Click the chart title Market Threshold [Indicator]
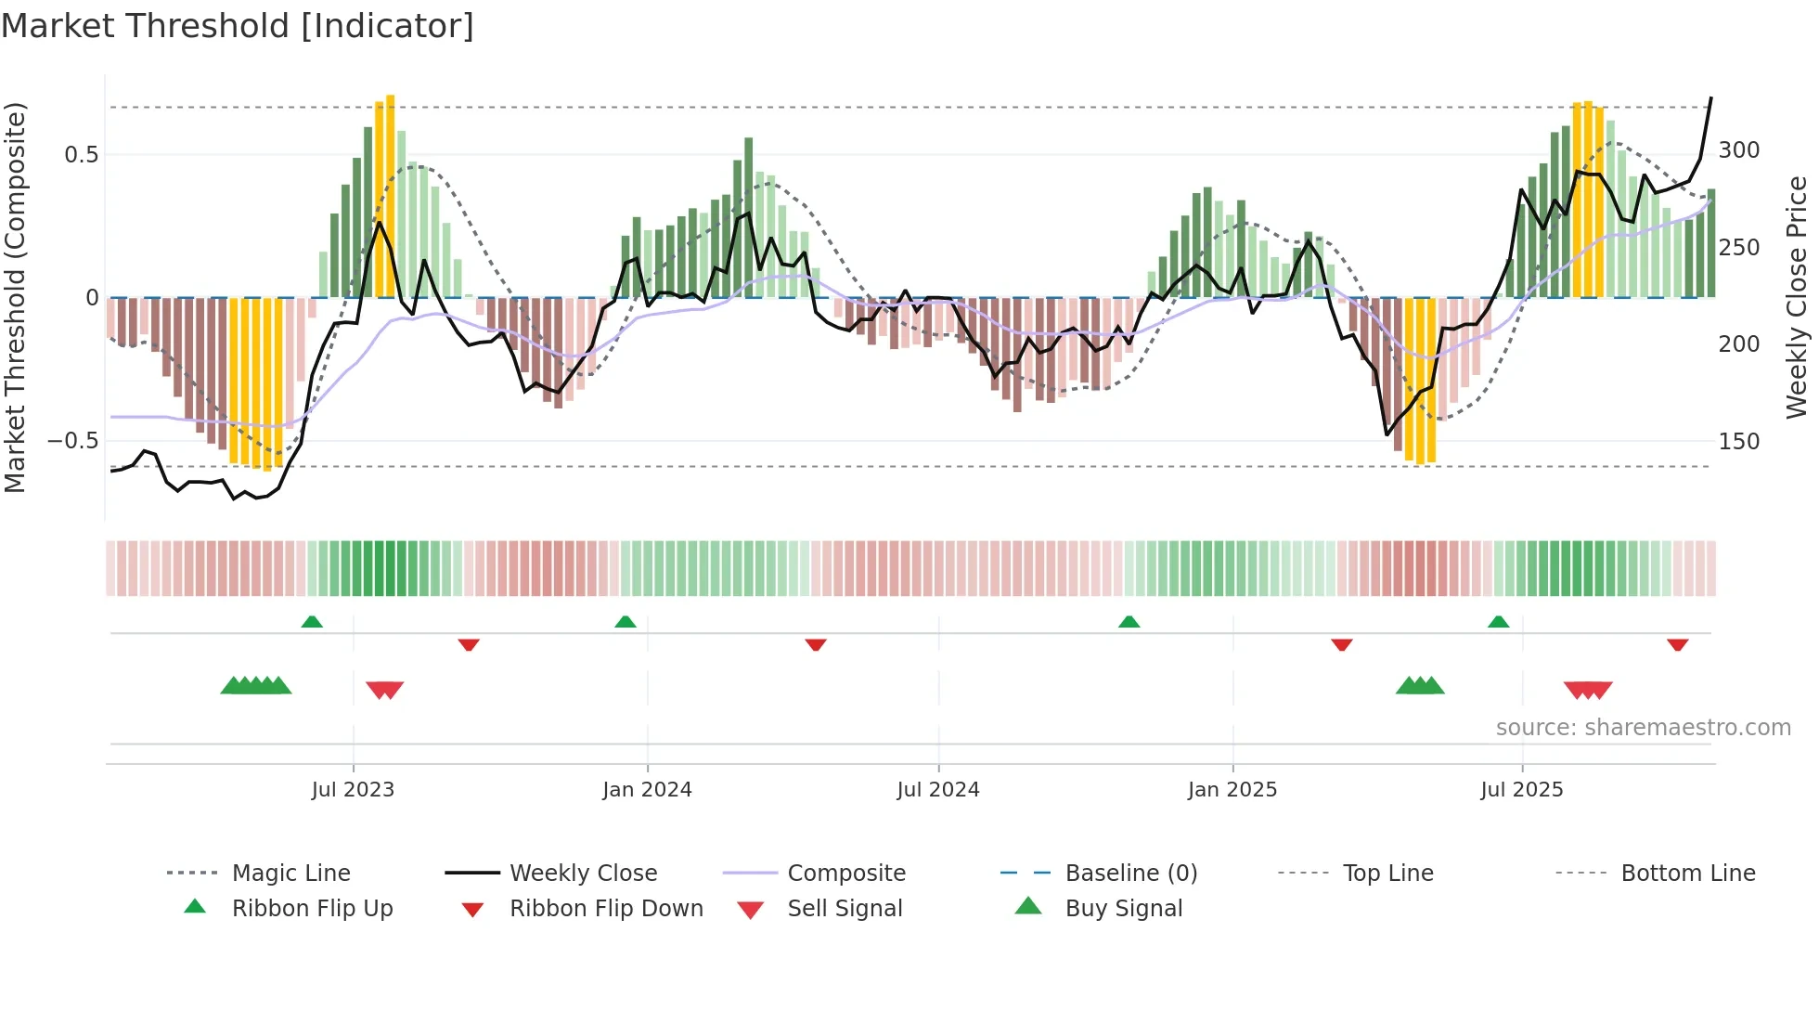pos(238,26)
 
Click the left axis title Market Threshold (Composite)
pos(15,297)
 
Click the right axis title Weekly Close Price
pos(1797,297)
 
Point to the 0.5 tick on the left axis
pos(81,154)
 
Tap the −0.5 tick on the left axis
pos(72,440)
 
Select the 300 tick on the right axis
pos(1739,150)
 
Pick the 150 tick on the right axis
pos(1739,441)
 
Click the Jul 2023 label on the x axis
pos(353,790)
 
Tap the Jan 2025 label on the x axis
pos(1232,790)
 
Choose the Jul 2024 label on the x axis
pos(938,790)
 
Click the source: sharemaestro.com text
pos(1643,728)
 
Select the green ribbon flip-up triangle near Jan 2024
pos(626,622)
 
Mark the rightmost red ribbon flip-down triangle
pos(1677,644)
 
